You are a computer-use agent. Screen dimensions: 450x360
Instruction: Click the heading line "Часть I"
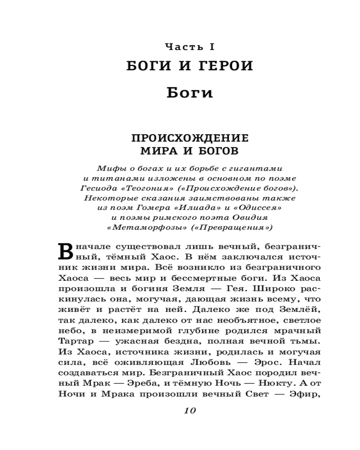tap(189, 46)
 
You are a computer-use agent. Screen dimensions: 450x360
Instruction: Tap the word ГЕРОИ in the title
tap(223, 66)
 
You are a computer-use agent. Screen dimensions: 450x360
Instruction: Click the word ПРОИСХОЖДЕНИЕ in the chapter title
tap(189, 137)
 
